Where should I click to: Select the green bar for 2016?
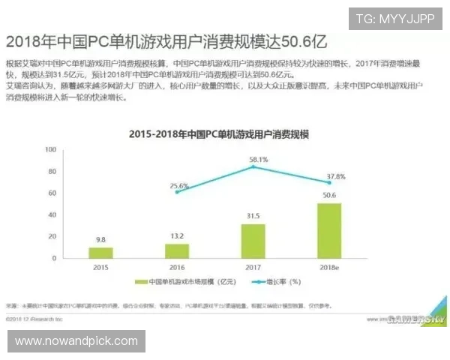[x=177, y=250]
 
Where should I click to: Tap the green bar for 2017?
[x=253, y=240]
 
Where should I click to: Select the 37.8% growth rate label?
[x=335, y=176]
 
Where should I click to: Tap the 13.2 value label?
[x=177, y=237]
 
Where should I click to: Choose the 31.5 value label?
[x=253, y=217]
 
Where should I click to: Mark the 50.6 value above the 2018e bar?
[x=329, y=196]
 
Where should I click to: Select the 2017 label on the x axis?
[x=253, y=266]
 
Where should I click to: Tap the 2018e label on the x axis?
[x=329, y=266]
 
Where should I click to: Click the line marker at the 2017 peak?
[x=253, y=166]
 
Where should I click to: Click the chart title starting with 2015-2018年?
[x=219, y=134]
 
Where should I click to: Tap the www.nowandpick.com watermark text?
[x=76, y=341]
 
